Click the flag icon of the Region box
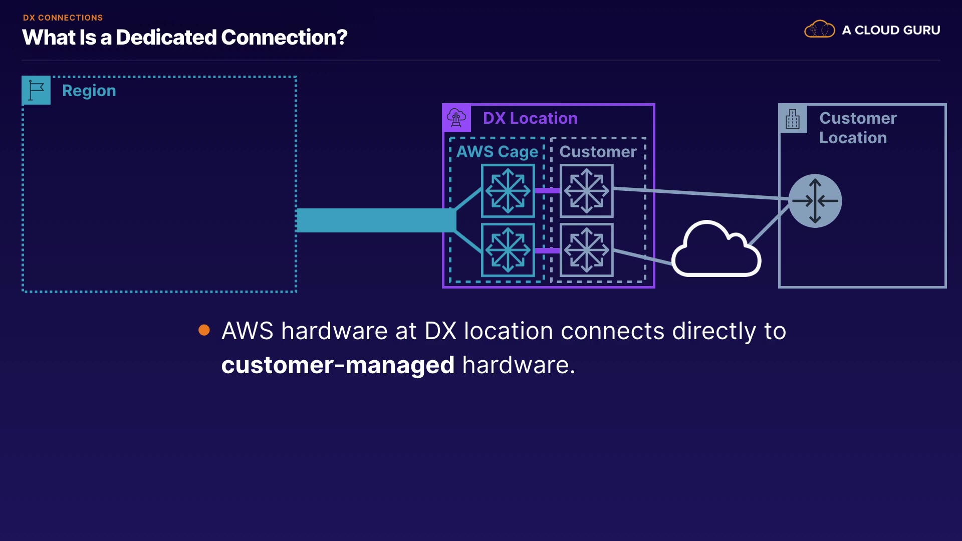click(x=36, y=90)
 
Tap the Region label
click(x=89, y=91)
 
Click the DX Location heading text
click(x=530, y=118)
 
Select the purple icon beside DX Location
click(x=456, y=118)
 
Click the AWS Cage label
click(x=497, y=152)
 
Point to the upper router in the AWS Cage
click(x=508, y=191)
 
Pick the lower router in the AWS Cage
click(x=508, y=250)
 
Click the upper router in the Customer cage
click(x=587, y=191)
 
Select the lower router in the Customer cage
click(x=587, y=250)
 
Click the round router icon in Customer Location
click(x=815, y=201)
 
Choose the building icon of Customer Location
click(x=793, y=119)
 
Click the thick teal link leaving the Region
click(x=376, y=220)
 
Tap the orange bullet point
click(x=204, y=330)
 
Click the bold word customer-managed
click(x=338, y=365)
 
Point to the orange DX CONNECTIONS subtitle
click(x=63, y=18)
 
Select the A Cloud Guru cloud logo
click(x=820, y=30)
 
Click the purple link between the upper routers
click(x=547, y=190)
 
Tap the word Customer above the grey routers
click(x=598, y=152)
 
